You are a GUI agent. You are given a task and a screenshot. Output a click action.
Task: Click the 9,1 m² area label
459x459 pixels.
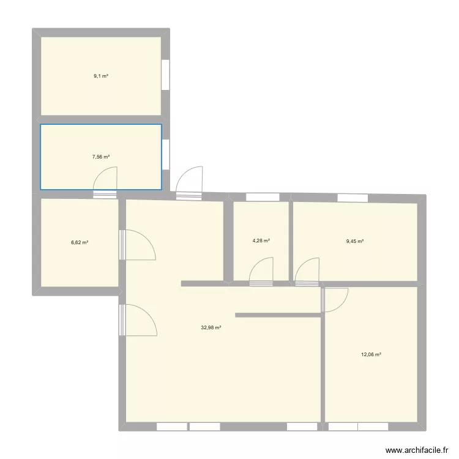pyautogui.click(x=101, y=76)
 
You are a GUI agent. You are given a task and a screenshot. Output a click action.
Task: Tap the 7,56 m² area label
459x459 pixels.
pyautogui.click(x=101, y=157)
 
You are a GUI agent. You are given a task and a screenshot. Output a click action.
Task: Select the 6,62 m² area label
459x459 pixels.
pyautogui.click(x=80, y=242)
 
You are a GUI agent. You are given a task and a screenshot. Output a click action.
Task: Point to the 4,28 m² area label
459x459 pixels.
pyautogui.click(x=261, y=241)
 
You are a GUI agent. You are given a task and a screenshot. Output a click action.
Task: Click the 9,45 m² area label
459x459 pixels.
pyautogui.click(x=355, y=241)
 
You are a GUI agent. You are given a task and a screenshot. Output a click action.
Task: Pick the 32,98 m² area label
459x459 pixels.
pyautogui.click(x=211, y=327)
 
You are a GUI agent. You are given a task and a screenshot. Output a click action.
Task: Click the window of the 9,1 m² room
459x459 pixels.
pyautogui.click(x=165, y=75)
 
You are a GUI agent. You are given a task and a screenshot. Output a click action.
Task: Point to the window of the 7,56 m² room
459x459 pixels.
pyautogui.click(x=165, y=154)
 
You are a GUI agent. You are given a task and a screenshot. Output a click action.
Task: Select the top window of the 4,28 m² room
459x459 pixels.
pyautogui.click(x=262, y=197)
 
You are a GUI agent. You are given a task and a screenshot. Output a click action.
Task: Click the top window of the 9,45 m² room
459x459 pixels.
pyautogui.click(x=353, y=197)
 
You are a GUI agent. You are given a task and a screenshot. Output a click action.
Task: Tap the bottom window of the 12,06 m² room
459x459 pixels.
pyautogui.click(x=358, y=426)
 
